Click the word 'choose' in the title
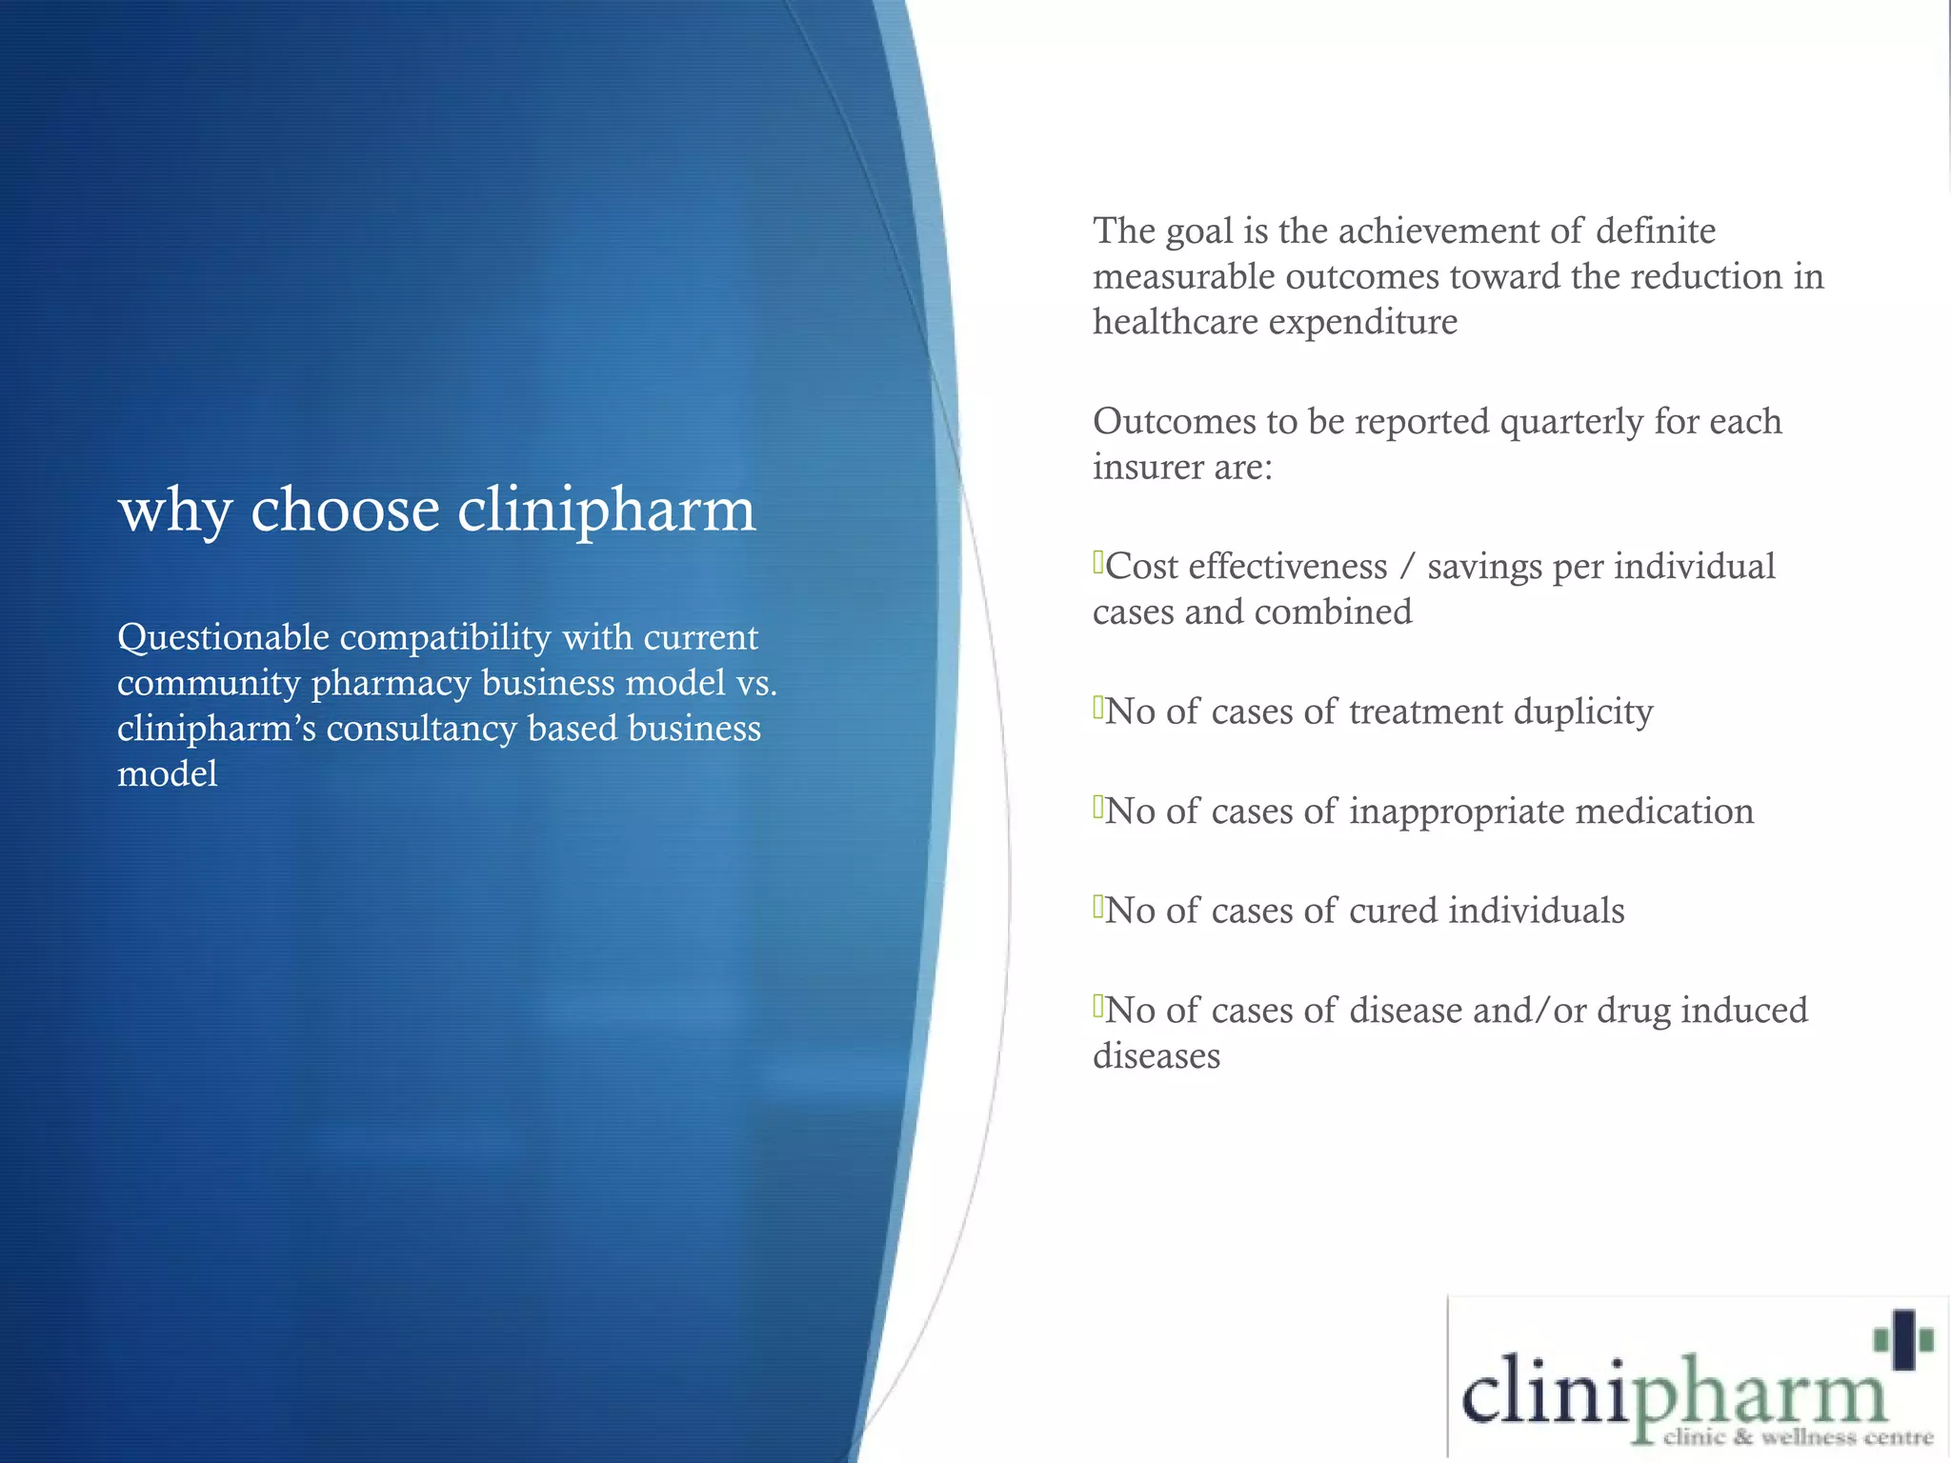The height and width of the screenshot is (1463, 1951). (345, 510)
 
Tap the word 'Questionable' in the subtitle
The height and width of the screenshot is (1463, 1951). (223, 638)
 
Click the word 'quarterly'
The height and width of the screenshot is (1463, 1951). (1572, 422)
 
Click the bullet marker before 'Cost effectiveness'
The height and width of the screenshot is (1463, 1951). (1097, 562)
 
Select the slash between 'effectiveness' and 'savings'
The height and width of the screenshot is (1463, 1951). (1407, 567)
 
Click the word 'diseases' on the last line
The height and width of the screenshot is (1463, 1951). (1156, 1056)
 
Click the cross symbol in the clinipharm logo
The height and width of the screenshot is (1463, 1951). (1902, 1340)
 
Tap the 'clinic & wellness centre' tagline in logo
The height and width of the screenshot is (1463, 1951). (1798, 1437)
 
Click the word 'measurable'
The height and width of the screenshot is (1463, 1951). (1183, 277)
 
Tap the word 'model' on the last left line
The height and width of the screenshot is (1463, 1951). (167, 774)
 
